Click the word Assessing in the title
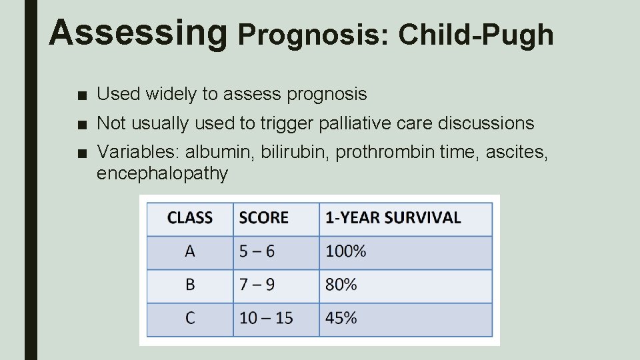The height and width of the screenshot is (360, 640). pyautogui.click(x=138, y=32)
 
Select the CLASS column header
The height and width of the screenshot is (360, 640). pyautogui.click(x=190, y=218)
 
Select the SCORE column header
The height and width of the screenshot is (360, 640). pyautogui.click(x=263, y=218)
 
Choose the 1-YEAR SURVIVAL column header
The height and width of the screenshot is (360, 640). pyautogui.click(x=393, y=218)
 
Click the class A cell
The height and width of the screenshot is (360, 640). pyautogui.click(x=190, y=251)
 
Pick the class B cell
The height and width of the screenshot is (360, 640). pyautogui.click(x=190, y=285)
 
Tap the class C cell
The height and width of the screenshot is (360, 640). pyautogui.click(x=190, y=318)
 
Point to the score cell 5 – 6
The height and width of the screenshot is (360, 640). pyautogui.click(x=257, y=251)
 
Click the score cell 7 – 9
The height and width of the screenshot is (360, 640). pyautogui.click(x=257, y=285)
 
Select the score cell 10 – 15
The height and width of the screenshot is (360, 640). pyautogui.click(x=266, y=318)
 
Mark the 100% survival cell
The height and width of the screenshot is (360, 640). pyautogui.click(x=345, y=251)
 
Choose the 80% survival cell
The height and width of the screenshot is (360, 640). pyautogui.click(x=341, y=285)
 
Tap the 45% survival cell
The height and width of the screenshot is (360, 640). pyautogui.click(x=341, y=318)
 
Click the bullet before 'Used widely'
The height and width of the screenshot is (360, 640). pyautogui.click(x=81, y=95)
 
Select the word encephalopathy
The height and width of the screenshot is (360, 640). pyautogui.click(x=162, y=174)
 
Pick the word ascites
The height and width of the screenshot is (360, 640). pyautogui.click(x=516, y=153)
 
